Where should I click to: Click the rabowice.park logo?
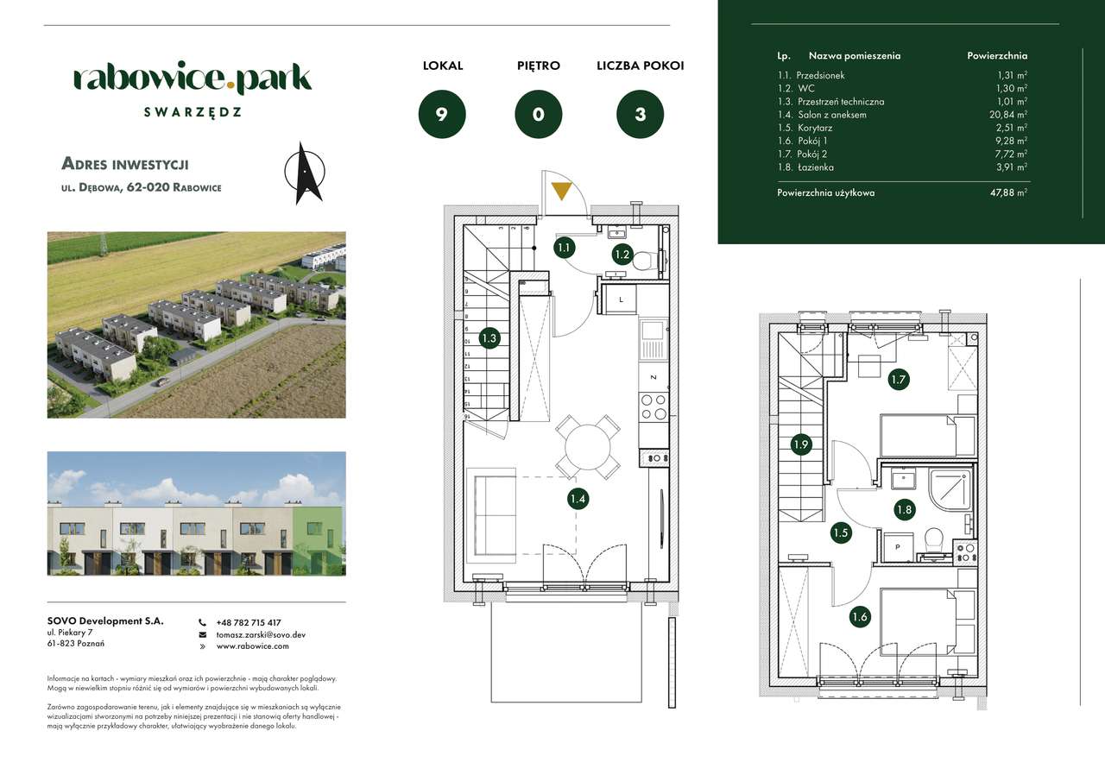coord(193,79)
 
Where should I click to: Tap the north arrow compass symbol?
coord(304,173)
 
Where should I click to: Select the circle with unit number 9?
coord(442,114)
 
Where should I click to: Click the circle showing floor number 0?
coord(539,114)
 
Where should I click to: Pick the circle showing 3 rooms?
coord(640,114)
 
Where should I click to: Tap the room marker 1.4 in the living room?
coord(578,498)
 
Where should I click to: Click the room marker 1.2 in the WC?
coord(622,254)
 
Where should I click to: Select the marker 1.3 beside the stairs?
coord(489,338)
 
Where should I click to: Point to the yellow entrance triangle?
coord(561,191)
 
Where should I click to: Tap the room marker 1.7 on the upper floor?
coord(899,378)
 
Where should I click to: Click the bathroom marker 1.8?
coord(904,510)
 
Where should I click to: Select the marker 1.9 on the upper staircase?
coord(801,445)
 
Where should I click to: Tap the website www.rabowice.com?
coord(252,646)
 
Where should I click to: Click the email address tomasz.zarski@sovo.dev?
coord(261,634)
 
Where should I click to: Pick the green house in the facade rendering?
coord(319,539)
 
